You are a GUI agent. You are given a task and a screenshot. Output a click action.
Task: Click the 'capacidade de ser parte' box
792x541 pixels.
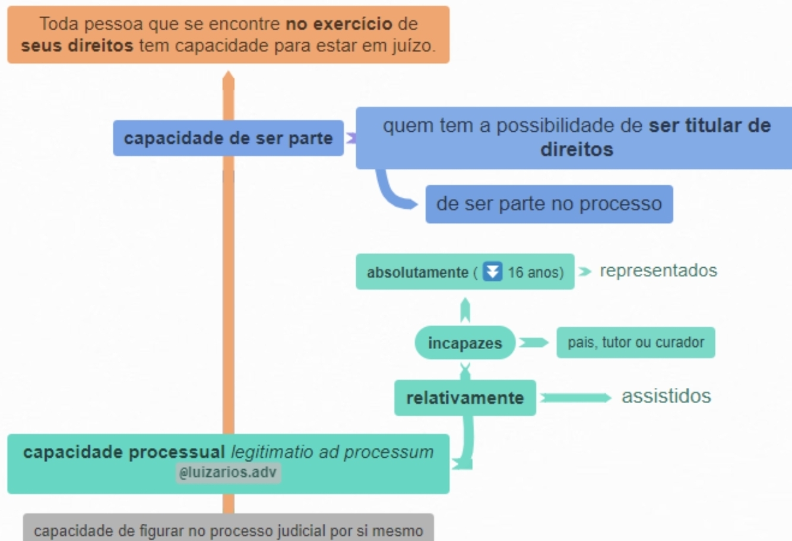[x=228, y=138]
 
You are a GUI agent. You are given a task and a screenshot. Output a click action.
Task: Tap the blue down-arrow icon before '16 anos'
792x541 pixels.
[x=492, y=271]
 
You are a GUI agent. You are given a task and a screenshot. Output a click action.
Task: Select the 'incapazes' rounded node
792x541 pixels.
[x=465, y=343]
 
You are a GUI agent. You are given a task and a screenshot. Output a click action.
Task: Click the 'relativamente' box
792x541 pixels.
[x=465, y=398]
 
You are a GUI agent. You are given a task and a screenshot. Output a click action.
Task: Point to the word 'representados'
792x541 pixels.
[x=658, y=271]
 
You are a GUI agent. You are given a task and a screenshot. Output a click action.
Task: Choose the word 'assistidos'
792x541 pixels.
[x=666, y=396]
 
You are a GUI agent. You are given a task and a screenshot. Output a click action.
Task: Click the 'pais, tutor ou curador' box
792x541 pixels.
[x=635, y=343]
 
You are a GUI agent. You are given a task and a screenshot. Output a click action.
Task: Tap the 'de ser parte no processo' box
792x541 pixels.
[x=549, y=204]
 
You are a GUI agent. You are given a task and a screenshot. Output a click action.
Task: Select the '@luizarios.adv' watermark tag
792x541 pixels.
[x=228, y=473]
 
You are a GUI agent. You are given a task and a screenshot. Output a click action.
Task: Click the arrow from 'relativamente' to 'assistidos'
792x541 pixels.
[x=575, y=397]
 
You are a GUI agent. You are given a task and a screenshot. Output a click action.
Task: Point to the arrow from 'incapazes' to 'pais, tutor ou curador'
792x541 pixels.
[x=533, y=343]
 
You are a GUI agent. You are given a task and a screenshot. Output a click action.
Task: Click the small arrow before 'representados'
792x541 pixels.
[x=585, y=271]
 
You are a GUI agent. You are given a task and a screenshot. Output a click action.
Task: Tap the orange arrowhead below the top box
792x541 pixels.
[x=229, y=80]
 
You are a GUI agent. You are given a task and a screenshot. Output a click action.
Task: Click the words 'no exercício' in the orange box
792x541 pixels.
[x=339, y=24]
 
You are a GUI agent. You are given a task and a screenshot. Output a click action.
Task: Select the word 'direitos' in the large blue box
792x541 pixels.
[x=576, y=150]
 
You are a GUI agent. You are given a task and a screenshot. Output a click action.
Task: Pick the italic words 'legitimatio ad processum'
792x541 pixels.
[x=332, y=453]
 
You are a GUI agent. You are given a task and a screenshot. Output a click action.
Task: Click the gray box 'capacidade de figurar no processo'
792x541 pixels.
[x=228, y=529]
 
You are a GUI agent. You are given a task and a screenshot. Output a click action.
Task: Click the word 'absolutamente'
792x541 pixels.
[x=417, y=273]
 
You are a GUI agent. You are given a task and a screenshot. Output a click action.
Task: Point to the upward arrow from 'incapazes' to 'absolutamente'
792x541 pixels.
[x=465, y=309]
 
